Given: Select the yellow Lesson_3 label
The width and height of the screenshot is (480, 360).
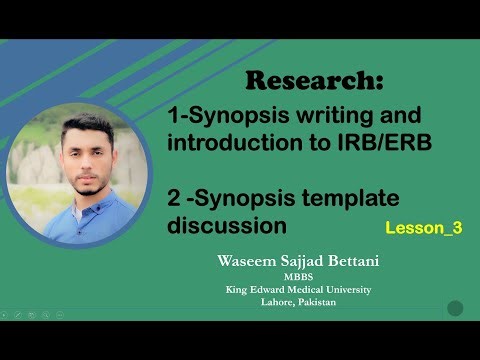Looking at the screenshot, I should (423, 228).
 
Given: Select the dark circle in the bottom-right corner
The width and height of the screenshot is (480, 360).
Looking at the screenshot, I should (455, 308).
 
